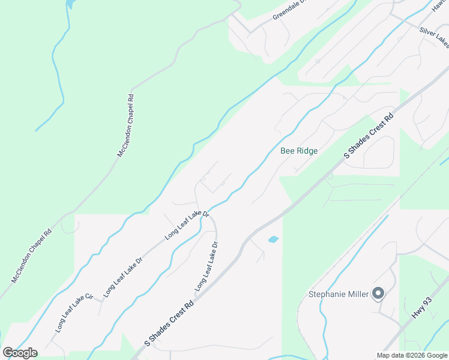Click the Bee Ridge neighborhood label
(x=299, y=151)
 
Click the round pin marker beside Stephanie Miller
(x=378, y=293)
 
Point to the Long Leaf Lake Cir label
(x=74, y=313)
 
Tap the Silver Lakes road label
(x=433, y=37)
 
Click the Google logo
(x=20, y=353)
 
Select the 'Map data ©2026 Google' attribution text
(x=412, y=356)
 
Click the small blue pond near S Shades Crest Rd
(x=273, y=239)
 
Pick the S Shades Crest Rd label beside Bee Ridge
(x=369, y=134)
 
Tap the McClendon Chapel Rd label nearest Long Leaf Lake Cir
(x=31, y=256)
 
